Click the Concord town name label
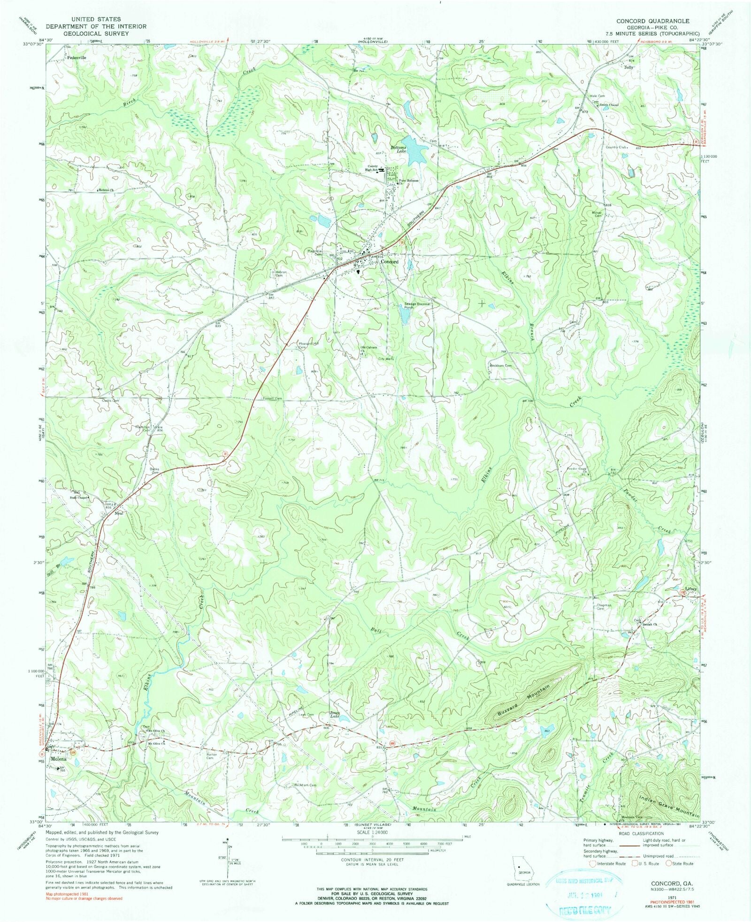(390, 262)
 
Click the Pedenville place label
(77, 58)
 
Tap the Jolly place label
(628, 67)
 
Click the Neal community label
(119, 513)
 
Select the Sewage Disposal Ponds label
(417, 306)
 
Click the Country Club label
(616, 147)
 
